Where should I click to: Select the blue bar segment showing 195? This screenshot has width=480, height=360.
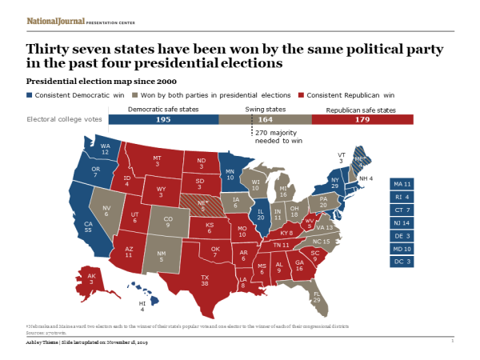coord(163,119)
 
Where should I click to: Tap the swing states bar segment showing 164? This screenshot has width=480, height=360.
coord(265,119)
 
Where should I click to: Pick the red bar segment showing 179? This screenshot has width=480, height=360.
coord(362,119)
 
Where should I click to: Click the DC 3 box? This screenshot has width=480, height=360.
coord(402,261)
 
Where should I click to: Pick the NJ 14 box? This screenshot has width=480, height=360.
coord(402,222)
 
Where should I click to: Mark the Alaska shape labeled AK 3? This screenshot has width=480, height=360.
coord(94,279)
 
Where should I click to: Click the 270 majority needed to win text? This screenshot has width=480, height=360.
coord(276,137)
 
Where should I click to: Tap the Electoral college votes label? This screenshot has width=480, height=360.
coord(65,119)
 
